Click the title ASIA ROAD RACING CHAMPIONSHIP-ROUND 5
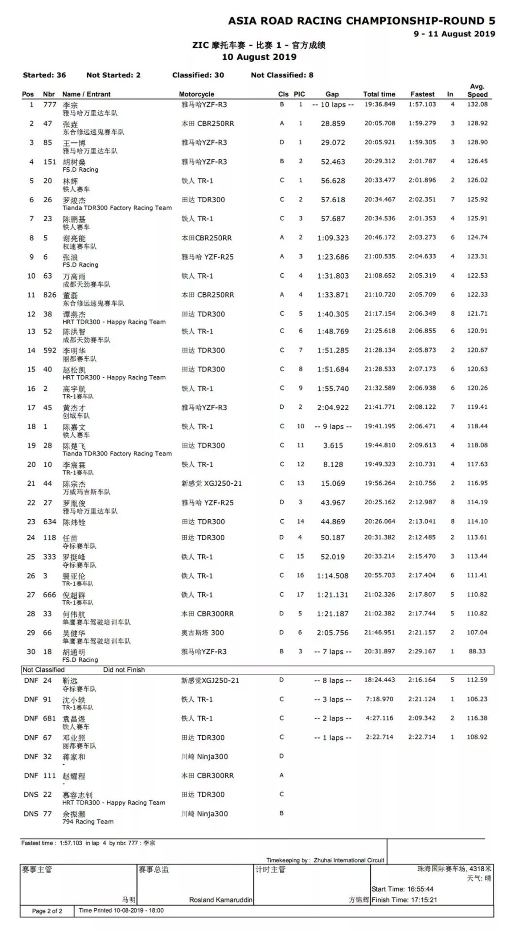361,21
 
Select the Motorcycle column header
196,94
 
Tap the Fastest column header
422,94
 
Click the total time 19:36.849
380,105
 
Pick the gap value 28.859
332,123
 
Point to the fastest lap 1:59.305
422,142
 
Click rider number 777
50,105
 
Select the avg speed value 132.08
477,105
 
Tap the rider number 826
50,295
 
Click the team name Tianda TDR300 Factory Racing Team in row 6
117,208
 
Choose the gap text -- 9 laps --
332,426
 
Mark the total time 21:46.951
380,633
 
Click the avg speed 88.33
477,651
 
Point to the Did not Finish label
124,670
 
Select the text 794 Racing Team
88,822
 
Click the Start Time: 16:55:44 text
402,889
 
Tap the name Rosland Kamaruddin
221,900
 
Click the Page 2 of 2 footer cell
47,911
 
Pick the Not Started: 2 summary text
113,75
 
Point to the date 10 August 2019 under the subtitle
259,57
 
